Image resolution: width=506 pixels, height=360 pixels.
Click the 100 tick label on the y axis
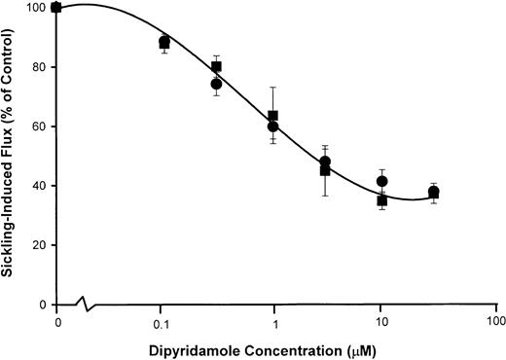[35, 8]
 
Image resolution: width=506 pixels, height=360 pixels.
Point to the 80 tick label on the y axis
[38, 67]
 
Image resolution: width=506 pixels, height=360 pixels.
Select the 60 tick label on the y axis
[38, 126]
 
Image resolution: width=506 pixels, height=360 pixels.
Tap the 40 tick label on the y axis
[38, 186]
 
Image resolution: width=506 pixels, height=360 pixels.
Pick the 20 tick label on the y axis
[38, 245]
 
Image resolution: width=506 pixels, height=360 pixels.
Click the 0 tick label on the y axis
[42, 305]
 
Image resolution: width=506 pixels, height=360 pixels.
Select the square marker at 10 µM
[382, 200]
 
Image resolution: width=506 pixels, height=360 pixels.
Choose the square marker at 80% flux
[216, 67]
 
